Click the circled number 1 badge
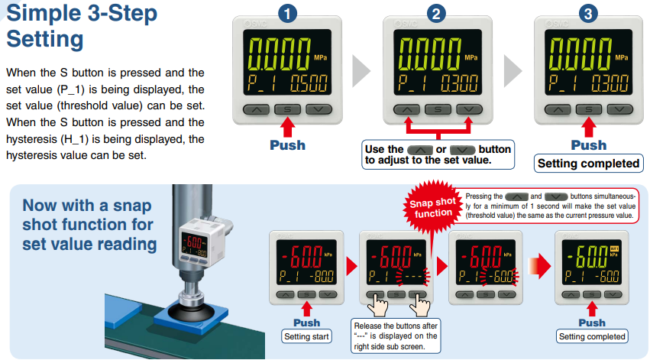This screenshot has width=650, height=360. click(287, 13)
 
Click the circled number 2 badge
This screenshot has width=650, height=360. click(436, 13)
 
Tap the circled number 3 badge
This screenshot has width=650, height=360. click(588, 13)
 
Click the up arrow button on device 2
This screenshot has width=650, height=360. click(406, 109)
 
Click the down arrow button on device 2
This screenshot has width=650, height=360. click(469, 109)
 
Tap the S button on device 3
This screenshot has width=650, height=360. click(589, 109)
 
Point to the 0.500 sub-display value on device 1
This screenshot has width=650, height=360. click(309, 83)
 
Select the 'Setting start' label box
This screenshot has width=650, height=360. click(306, 336)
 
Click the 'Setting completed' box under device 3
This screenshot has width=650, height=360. click(589, 164)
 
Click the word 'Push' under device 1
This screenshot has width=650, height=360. click(287, 145)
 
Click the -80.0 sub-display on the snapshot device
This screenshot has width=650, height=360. click(324, 276)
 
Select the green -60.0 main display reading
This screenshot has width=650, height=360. click(587, 256)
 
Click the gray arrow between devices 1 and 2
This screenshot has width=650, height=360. click(361, 71)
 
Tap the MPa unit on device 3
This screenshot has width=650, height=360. click(622, 57)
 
